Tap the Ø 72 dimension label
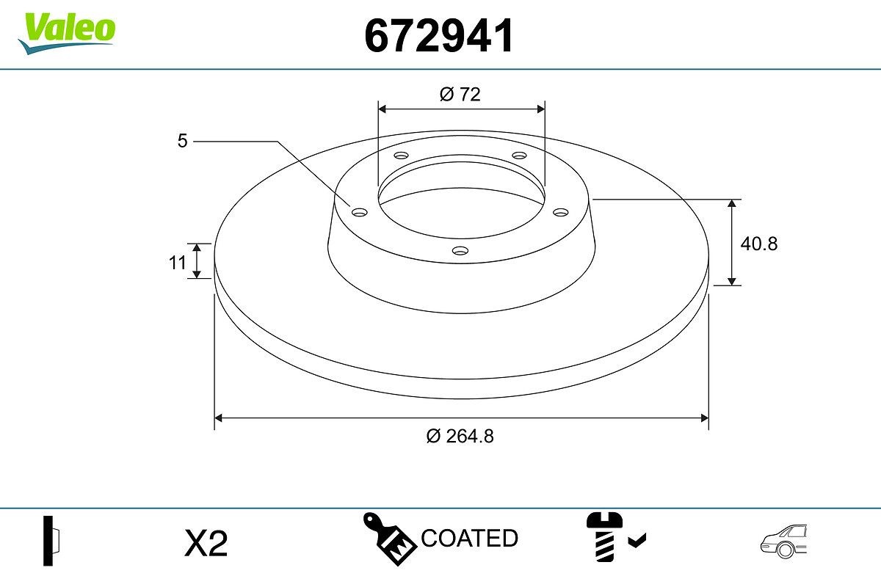(x=460, y=94)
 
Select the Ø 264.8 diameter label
(x=460, y=436)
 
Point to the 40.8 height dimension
(x=758, y=244)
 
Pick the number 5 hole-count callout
(x=182, y=141)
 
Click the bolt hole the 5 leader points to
(x=359, y=213)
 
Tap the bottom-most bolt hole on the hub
(x=460, y=251)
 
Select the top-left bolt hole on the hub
(x=401, y=156)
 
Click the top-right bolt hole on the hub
(x=520, y=156)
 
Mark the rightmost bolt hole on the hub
(x=561, y=212)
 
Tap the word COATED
(x=470, y=539)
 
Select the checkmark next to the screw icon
(x=637, y=542)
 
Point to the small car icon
(x=783, y=542)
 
